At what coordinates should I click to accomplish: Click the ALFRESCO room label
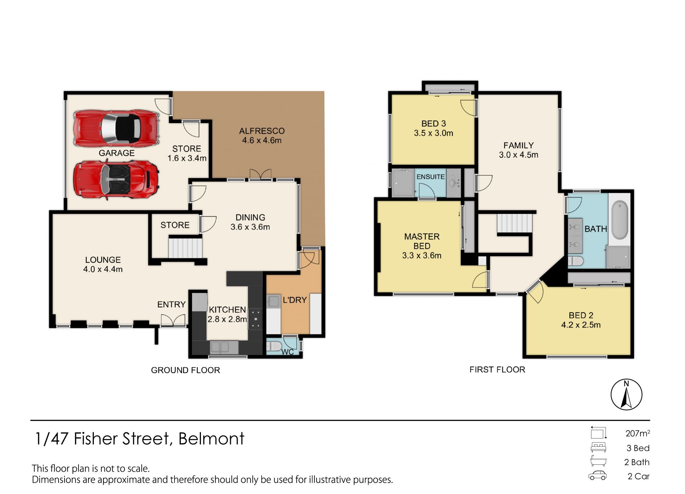(262, 131)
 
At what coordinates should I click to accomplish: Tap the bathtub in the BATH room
(620, 220)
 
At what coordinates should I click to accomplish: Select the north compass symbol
(626, 395)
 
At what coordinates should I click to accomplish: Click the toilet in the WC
(274, 346)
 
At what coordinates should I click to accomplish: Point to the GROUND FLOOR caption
(186, 370)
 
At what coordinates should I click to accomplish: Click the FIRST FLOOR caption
(497, 370)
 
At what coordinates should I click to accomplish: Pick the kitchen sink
(220, 346)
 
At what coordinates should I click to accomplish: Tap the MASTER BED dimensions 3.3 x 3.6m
(422, 256)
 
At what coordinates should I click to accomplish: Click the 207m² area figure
(638, 433)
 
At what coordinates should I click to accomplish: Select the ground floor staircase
(185, 248)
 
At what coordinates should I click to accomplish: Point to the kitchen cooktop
(255, 318)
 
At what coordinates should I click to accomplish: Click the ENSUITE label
(431, 177)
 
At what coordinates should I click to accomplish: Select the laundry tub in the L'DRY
(274, 301)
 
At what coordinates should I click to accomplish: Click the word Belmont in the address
(211, 438)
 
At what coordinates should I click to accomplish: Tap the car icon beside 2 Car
(597, 476)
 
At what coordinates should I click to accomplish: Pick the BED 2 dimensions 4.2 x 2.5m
(581, 325)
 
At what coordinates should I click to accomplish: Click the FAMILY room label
(519, 145)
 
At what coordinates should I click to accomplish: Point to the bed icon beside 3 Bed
(598, 447)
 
